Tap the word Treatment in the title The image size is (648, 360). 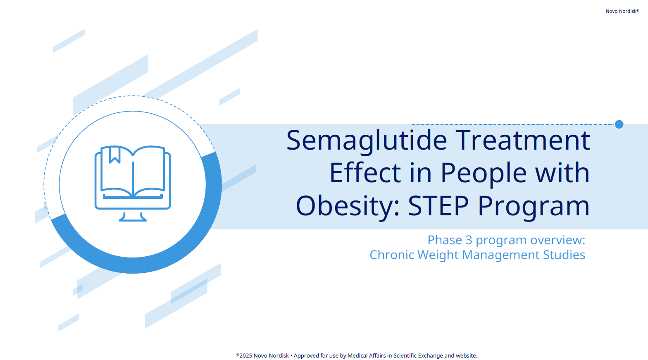pyautogui.click(x=523, y=140)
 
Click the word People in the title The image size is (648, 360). pyautogui.click(x=484, y=173)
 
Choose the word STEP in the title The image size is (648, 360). pyautogui.click(x=438, y=206)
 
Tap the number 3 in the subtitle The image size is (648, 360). pyautogui.click(x=469, y=240)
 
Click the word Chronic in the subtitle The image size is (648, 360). pyautogui.click(x=392, y=255)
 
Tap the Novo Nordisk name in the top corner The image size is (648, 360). pyautogui.click(x=622, y=11)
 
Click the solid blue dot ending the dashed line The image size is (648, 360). pyautogui.click(x=619, y=124)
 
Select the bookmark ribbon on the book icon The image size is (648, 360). pyautogui.click(x=114, y=155)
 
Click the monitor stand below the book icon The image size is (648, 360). pyautogui.click(x=133, y=217)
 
